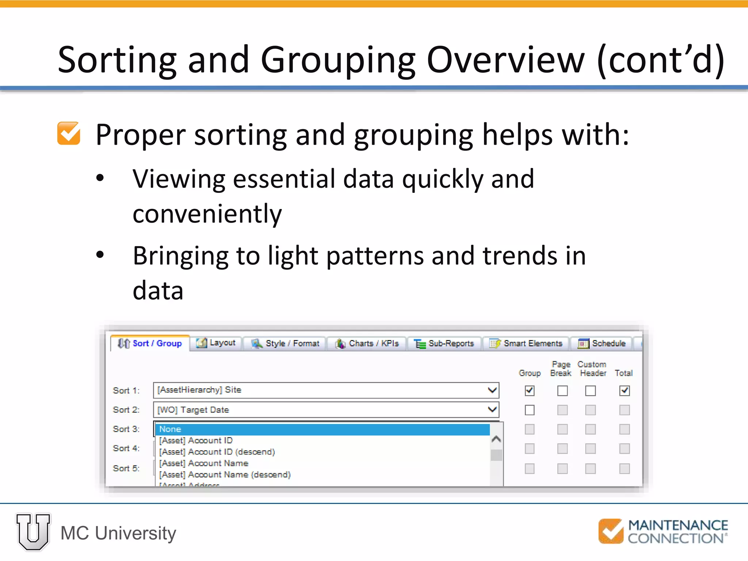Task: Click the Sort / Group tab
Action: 150,343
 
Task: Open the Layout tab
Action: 216,343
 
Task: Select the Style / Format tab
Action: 285,343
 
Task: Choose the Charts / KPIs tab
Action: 367,343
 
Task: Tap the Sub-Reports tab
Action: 444,343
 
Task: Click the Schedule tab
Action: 602,343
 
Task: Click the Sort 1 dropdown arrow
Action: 492,390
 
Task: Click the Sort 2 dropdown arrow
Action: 492,409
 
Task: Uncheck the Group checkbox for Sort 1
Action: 530,391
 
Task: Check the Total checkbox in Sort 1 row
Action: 625,391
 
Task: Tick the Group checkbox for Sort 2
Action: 530,410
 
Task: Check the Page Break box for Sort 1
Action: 562,391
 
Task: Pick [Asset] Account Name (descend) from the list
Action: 225,474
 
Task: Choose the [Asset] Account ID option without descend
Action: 196,440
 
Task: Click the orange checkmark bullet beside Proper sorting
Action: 69,134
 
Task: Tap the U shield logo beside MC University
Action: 33,532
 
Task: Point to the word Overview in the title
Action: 505,60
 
